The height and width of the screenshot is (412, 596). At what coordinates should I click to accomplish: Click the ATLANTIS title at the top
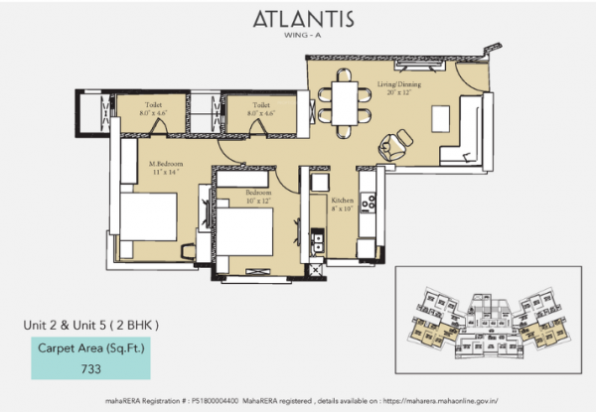click(x=297, y=19)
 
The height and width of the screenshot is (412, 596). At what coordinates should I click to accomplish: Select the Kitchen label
click(x=343, y=200)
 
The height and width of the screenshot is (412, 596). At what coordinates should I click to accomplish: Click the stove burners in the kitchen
click(x=368, y=203)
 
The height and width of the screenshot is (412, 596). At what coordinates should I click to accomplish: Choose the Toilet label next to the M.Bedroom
click(x=152, y=104)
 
